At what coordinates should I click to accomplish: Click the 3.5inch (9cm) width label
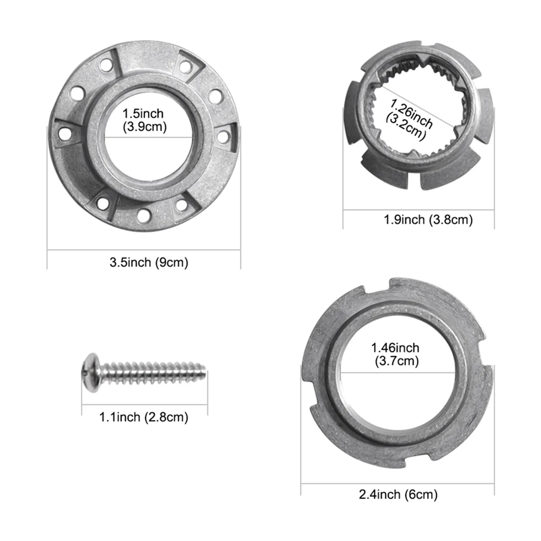pos(149,262)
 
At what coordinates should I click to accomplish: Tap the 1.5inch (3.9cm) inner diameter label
pos(145,120)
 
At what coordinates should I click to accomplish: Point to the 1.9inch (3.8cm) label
pos(428,220)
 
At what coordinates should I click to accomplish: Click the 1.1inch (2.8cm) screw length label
pos(144,417)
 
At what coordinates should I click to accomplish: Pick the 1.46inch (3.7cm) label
pos(395,354)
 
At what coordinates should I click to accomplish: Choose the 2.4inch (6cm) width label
pos(398,482)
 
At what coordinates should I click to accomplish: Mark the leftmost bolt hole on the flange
pos(66,133)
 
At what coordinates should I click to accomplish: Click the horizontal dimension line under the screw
pos(144,403)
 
